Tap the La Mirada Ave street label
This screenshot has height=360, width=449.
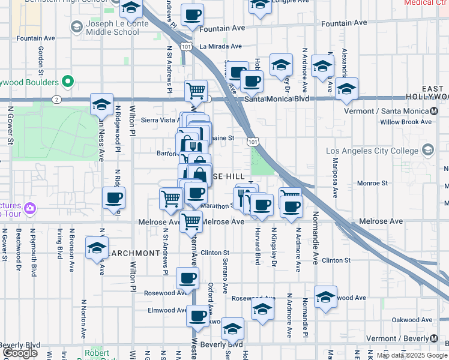click(x=220, y=46)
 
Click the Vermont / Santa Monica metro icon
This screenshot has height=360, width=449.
click(x=434, y=111)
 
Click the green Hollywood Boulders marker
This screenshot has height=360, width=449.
click(x=68, y=82)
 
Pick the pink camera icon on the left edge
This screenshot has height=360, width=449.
click(x=31, y=209)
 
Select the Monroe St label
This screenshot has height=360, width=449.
click(x=373, y=183)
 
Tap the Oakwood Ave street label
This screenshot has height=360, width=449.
click(x=413, y=320)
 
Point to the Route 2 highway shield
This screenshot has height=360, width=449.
click(x=55, y=99)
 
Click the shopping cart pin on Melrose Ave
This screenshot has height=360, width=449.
click(x=191, y=221)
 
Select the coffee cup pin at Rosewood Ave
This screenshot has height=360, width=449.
click(x=187, y=278)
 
